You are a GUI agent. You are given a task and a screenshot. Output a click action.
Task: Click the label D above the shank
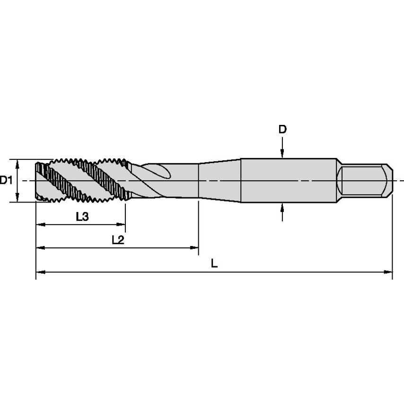tap(282, 129)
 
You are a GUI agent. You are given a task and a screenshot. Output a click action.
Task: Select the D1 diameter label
tap(6, 180)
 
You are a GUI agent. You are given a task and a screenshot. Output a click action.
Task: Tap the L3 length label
tap(82, 217)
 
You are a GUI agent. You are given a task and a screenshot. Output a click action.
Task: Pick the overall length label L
tap(214, 264)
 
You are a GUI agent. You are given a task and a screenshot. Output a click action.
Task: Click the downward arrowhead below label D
tap(282, 153)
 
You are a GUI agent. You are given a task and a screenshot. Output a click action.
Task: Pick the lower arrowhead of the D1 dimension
tap(18, 198)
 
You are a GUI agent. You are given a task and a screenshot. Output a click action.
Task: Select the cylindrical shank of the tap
tap(289, 180)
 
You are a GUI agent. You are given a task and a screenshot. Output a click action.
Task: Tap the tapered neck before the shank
tap(220, 180)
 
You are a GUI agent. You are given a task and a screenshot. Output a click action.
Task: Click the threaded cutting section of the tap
tap(80, 180)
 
